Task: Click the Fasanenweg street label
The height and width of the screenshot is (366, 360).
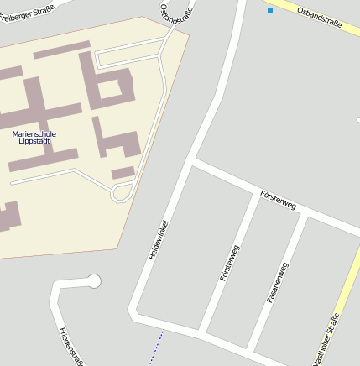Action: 278,282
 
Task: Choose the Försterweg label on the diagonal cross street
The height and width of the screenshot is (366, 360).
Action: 279,200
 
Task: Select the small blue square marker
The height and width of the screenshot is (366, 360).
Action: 270,11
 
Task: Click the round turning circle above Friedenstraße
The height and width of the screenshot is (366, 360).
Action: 94,280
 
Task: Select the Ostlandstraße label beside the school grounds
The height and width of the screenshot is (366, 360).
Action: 171,20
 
